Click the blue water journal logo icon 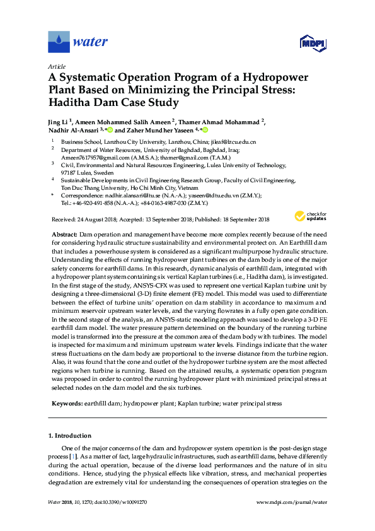point(59,42)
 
